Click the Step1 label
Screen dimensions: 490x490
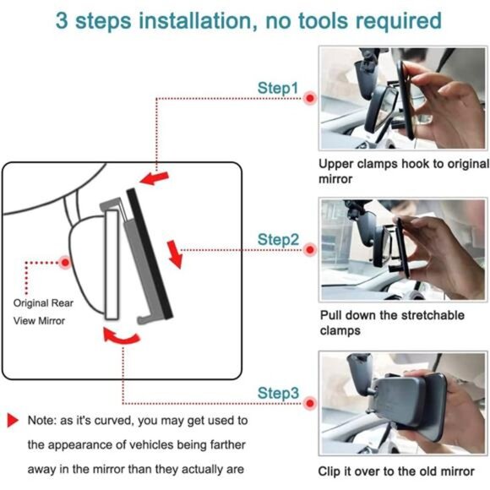coord(278,88)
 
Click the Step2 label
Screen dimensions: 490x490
coord(278,240)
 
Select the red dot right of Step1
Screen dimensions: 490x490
coord(310,98)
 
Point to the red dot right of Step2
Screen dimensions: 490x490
coord(310,250)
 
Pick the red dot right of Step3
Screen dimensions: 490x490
coord(310,402)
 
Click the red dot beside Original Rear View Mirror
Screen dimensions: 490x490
coord(65,262)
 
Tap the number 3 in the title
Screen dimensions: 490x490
coord(63,19)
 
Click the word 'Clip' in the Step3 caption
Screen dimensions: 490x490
coord(333,471)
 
